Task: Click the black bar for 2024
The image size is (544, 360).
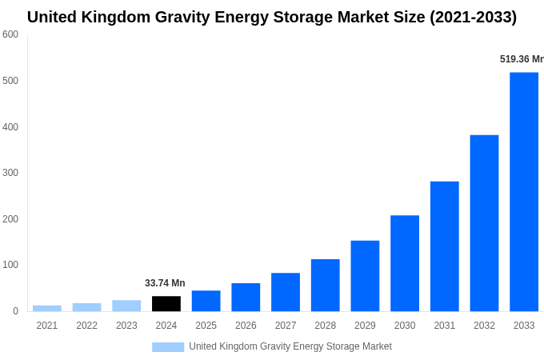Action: point(166,304)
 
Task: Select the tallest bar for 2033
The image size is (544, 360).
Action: point(524,192)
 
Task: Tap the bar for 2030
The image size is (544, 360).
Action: point(405,263)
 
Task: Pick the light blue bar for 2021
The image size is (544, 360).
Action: point(47,308)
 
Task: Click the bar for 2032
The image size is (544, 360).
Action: point(484,223)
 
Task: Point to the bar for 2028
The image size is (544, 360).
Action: point(325,285)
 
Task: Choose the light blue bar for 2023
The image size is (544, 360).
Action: point(126,306)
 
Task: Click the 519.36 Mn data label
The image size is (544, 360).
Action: point(521,59)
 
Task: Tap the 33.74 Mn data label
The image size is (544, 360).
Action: point(165,283)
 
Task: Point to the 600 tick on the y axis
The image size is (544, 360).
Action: point(10,34)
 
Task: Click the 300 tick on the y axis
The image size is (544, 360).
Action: point(10,173)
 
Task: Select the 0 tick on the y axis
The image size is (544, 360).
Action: point(15,311)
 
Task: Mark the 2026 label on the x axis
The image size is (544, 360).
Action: point(246,326)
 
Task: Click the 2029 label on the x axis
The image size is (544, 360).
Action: point(365,326)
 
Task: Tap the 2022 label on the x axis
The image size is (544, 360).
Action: point(86,326)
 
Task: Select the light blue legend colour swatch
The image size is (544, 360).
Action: point(168,347)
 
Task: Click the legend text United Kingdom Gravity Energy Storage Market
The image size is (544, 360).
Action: point(290,346)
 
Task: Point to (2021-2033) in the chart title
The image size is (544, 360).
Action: point(474,17)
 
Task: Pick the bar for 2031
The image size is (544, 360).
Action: point(444,246)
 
